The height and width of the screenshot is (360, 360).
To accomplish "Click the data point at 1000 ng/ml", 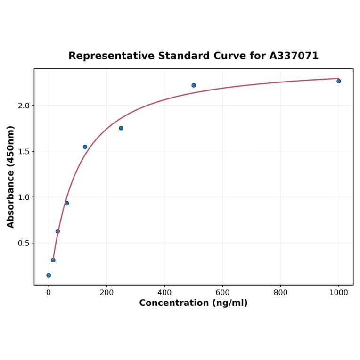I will click(x=338, y=81).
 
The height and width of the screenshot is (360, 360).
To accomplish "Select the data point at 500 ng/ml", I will click(x=194, y=85).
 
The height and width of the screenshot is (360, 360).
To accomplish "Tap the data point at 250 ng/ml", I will click(x=121, y=128).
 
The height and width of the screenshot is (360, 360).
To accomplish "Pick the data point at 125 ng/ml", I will click(x=85, y=147).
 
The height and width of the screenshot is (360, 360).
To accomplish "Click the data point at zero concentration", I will click(x=49, y=275).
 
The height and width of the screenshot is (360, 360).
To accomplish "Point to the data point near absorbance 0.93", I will click(x=67, y=203).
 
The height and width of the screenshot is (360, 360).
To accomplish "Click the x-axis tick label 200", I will click(x=106, y=293).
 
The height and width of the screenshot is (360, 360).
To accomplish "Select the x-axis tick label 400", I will click(x=164, y=293).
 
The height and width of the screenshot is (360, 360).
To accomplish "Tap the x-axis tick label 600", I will click(x=222, y=293).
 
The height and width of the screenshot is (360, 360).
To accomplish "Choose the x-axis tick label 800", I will click(x=280, y=293).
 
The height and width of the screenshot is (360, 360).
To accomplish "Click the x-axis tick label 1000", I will click(x=338, y=293).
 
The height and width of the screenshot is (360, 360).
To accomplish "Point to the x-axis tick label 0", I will click(x=49, y=293).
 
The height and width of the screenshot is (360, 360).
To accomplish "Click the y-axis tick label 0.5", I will click(x=24, y=243).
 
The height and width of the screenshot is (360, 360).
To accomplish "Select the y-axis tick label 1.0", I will click(x=24, y=197).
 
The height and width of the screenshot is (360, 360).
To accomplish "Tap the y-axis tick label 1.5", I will click(x=24, y=152).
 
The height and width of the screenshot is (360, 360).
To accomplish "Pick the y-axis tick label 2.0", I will click(x=24, y=106).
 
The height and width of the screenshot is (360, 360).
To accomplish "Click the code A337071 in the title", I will click(x=294, y=56).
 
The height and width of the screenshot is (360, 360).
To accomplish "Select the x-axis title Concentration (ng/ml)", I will click(x=193, y=303).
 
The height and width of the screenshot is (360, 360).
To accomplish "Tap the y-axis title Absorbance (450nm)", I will click(x=11, y=177).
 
